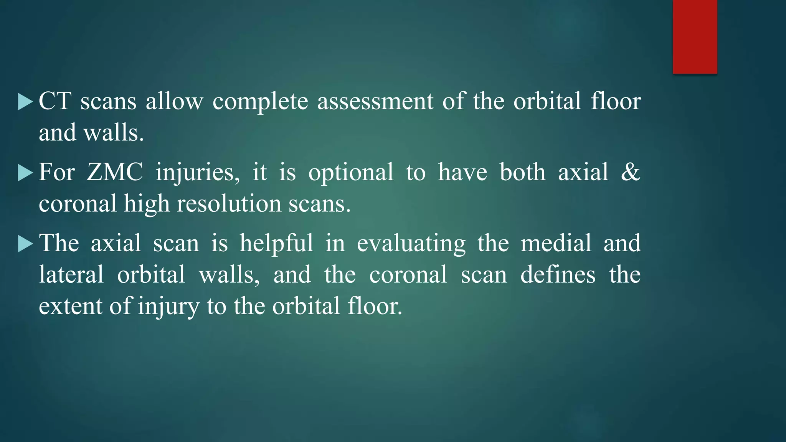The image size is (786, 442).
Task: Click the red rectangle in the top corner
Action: (695, 37)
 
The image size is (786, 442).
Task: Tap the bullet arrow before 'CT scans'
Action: (25, 102)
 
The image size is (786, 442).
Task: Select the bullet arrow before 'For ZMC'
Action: (25, 173)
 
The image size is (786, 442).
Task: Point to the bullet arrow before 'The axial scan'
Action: (25, 244)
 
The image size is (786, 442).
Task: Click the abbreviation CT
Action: (55, 101)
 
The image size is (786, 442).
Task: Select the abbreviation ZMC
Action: (115, 172)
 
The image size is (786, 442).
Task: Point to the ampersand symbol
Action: (630, 172)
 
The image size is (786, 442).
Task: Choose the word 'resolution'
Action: (229, 204)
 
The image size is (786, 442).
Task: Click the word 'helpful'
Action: (276, 244)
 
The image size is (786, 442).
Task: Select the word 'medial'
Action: (556, 243)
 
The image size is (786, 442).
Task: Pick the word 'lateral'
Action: (71, 275)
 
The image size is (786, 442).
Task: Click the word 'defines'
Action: (558, 275)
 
